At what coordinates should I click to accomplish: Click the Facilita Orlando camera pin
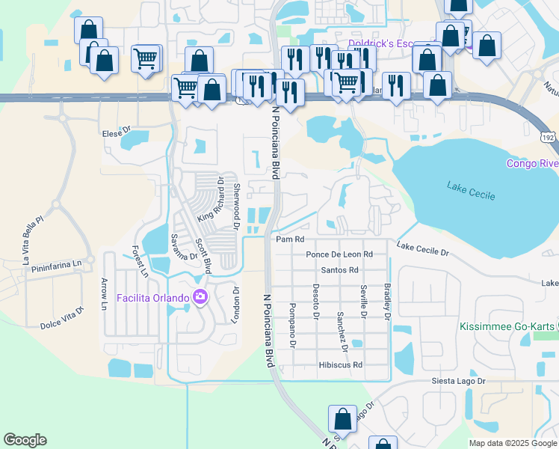click(200, 298)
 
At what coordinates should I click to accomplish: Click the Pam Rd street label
click(291, 239)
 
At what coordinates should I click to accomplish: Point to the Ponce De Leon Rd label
click(339, 254)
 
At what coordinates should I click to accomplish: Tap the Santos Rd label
click(339, 270)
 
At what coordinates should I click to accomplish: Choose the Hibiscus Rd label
click(340, 365)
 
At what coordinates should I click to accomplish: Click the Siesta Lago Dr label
click(458, 381)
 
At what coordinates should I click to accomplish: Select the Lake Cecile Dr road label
click(423, 249)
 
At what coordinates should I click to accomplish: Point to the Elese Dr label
click(116, 134)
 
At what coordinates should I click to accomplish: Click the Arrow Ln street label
click(104, 293)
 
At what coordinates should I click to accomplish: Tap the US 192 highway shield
click(548, 138)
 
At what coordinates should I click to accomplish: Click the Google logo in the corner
click(25, 440)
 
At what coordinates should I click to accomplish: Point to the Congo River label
click(532, 163)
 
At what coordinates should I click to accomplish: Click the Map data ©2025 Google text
click(512, 443)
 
